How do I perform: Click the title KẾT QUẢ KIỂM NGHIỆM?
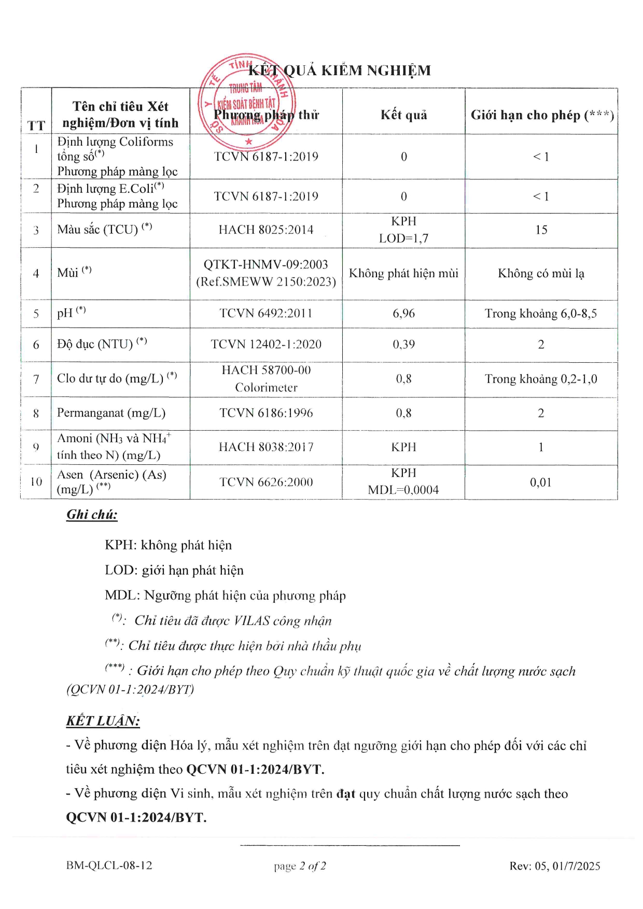point(340,70)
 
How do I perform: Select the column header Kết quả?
point(403,115)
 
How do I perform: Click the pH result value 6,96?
point(403,314)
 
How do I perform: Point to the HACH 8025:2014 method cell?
point(266,230)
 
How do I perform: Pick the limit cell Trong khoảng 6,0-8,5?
point(541,314)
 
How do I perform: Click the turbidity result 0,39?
point(403,345)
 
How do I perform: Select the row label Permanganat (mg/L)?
point(111,413)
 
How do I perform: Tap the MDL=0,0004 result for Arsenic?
point(403,490)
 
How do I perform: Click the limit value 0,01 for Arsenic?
point(541,482)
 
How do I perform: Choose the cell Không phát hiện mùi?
point(403,274)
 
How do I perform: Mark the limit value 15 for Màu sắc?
point(541,230)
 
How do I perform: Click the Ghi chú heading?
point(92,515)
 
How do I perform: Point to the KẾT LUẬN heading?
point(103,721)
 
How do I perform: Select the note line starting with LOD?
point(174,571)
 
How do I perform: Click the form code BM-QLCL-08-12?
point(109,865)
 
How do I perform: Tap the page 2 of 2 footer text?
point(300,866)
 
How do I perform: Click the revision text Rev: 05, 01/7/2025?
point(554,866)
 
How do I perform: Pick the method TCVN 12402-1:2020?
point(266,345)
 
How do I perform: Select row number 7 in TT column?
point(36,379)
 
